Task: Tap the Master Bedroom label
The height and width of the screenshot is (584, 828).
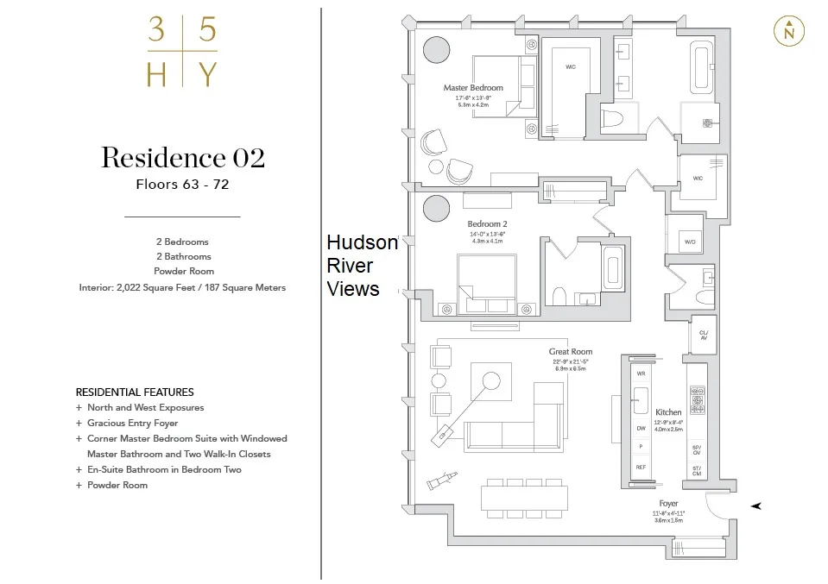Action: point(473,88)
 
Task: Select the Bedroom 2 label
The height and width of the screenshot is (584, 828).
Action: point(487,224)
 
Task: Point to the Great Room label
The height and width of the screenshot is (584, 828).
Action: point(570,352)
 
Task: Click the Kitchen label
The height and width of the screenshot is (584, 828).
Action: point(668,412)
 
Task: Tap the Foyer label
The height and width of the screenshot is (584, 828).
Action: point(668,503)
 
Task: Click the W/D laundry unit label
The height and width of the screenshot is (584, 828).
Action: point(690,242)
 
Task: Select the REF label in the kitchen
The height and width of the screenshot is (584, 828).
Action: point(641,467)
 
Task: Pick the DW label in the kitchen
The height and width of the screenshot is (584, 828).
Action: point(641,428)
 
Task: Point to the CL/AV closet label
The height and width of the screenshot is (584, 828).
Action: point(703,335)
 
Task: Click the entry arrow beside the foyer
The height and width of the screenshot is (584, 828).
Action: point(756,506)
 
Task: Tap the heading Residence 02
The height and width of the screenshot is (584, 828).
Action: point(182,158)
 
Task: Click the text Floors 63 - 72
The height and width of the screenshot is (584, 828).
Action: point(182,184)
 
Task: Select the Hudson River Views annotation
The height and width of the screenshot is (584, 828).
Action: point(361,266)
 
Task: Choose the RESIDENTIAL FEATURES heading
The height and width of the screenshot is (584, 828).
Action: point(135,392)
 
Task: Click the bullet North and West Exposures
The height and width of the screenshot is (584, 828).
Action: point(145,407)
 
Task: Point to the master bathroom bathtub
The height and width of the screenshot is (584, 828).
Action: point(699,66)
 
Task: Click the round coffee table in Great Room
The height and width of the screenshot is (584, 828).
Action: point(491,380)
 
